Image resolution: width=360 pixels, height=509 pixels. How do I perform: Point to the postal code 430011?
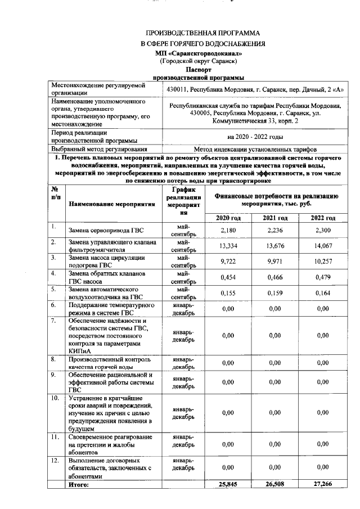[177, 89]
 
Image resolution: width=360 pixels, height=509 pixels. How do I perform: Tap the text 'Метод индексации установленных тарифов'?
[255, 150]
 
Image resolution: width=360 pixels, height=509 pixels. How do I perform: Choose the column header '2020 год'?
[227, 218]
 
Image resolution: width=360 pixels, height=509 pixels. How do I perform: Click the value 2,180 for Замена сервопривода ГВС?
[227, 231]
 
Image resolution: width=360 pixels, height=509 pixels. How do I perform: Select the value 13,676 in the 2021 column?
[275, 246]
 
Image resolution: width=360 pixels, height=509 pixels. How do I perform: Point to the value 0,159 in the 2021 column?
[275, 293]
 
